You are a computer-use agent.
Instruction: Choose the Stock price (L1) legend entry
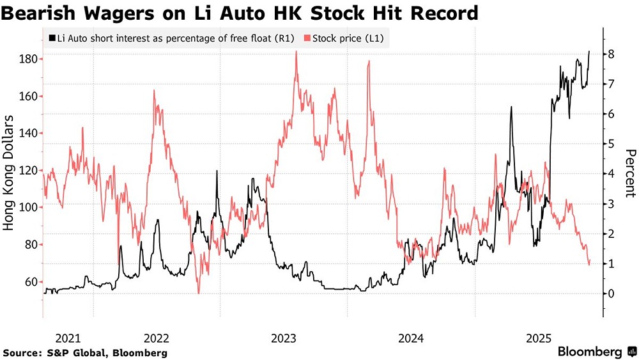(x=348, y=39)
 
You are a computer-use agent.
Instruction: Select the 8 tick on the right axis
(x=612, y=54)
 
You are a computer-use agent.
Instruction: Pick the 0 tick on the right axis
(x=612, y=293)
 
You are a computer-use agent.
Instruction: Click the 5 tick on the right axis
(x=612, y=144)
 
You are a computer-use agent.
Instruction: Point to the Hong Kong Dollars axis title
(x=10, y=173)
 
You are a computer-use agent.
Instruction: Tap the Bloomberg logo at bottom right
(x=594, y=352)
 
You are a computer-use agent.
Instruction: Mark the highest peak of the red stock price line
(x=296, y=51)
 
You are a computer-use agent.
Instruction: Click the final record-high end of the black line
(x=589, y=51)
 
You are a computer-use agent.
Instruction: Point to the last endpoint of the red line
(x=590, y=260)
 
